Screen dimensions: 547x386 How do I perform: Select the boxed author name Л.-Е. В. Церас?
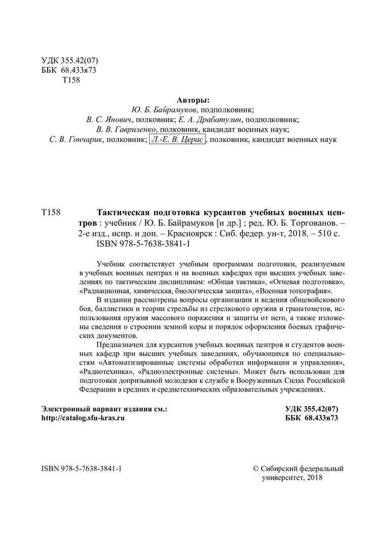pyautogui.click(x=177, y=139)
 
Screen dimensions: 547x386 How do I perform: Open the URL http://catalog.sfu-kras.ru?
pyautogui.click(x=83, y=418)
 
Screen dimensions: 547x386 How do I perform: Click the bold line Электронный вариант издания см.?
pyautogui.click(x=104, y=408)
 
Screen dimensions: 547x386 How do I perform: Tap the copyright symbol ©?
pyautogui.click(x=255, y=468)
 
